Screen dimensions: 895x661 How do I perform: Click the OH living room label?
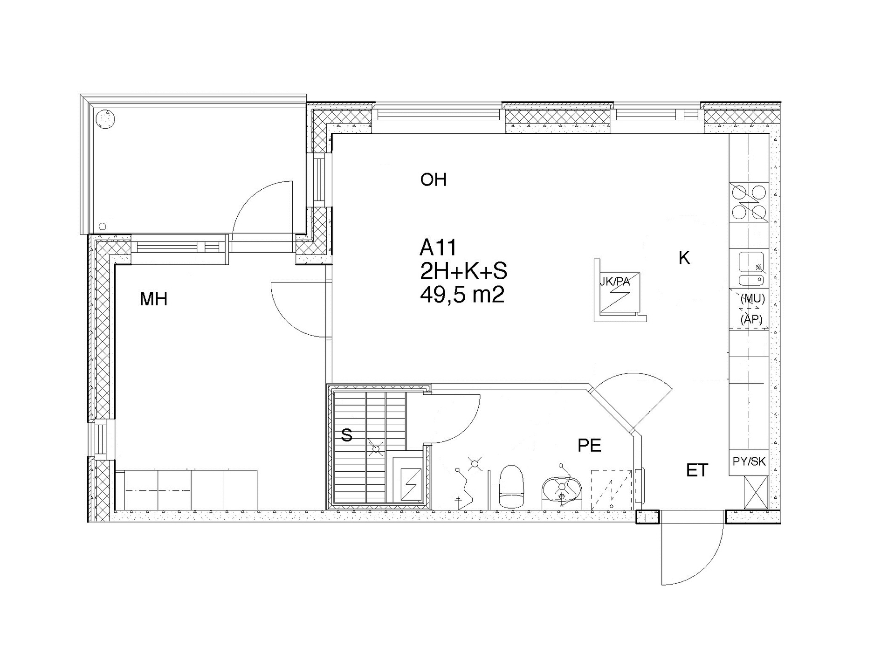click(x=433, y=179)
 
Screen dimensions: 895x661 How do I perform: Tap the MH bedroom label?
click(x=153, y=299)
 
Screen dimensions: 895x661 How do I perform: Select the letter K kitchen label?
click(x=684, y=258)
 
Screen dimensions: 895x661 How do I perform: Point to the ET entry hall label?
click(x=697, y=470)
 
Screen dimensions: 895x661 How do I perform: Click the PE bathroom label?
click(x=589, y=446)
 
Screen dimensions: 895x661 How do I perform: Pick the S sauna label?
click(x=346, y=435)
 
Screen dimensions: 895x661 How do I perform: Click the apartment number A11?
click(x=438, y=248)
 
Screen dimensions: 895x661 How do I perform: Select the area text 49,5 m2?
click(x=462, y=295)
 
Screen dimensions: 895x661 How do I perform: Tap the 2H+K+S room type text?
click(x=463, y=271)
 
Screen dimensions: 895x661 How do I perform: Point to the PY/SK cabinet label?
click(x=749, y=461)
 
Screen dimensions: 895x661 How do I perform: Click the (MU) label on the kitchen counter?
click(x=752, y=299)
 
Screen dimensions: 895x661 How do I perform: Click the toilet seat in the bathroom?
click(x=512, y=487)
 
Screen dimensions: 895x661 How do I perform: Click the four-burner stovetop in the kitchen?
click(x=749, y=202)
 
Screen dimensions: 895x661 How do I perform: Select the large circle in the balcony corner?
click(x=105, y=119)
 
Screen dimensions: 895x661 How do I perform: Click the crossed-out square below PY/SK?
click(x=756, y=492)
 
